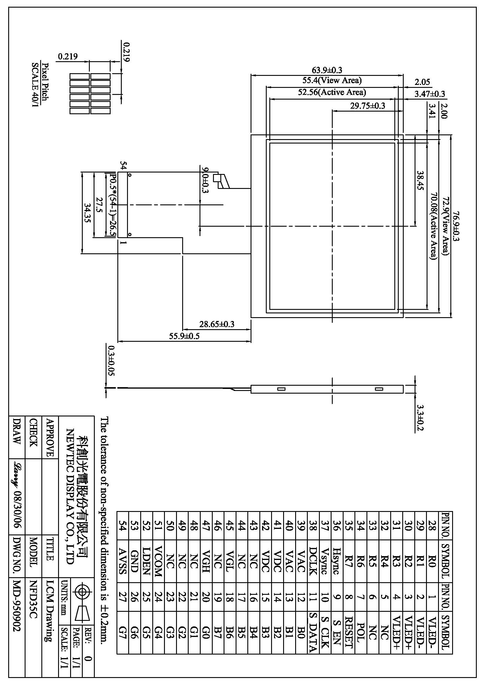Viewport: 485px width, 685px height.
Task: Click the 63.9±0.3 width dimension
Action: (327, 70)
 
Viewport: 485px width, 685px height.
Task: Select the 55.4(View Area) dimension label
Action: (332, 80)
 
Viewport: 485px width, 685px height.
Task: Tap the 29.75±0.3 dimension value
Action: (368, 106)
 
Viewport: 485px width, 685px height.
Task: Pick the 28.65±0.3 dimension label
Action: (217, 324)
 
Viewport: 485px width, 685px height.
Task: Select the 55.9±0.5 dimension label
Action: (184, 336)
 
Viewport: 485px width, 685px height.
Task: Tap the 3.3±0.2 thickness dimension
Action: (420, 418)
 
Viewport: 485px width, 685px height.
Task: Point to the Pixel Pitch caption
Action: (45, 81)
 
